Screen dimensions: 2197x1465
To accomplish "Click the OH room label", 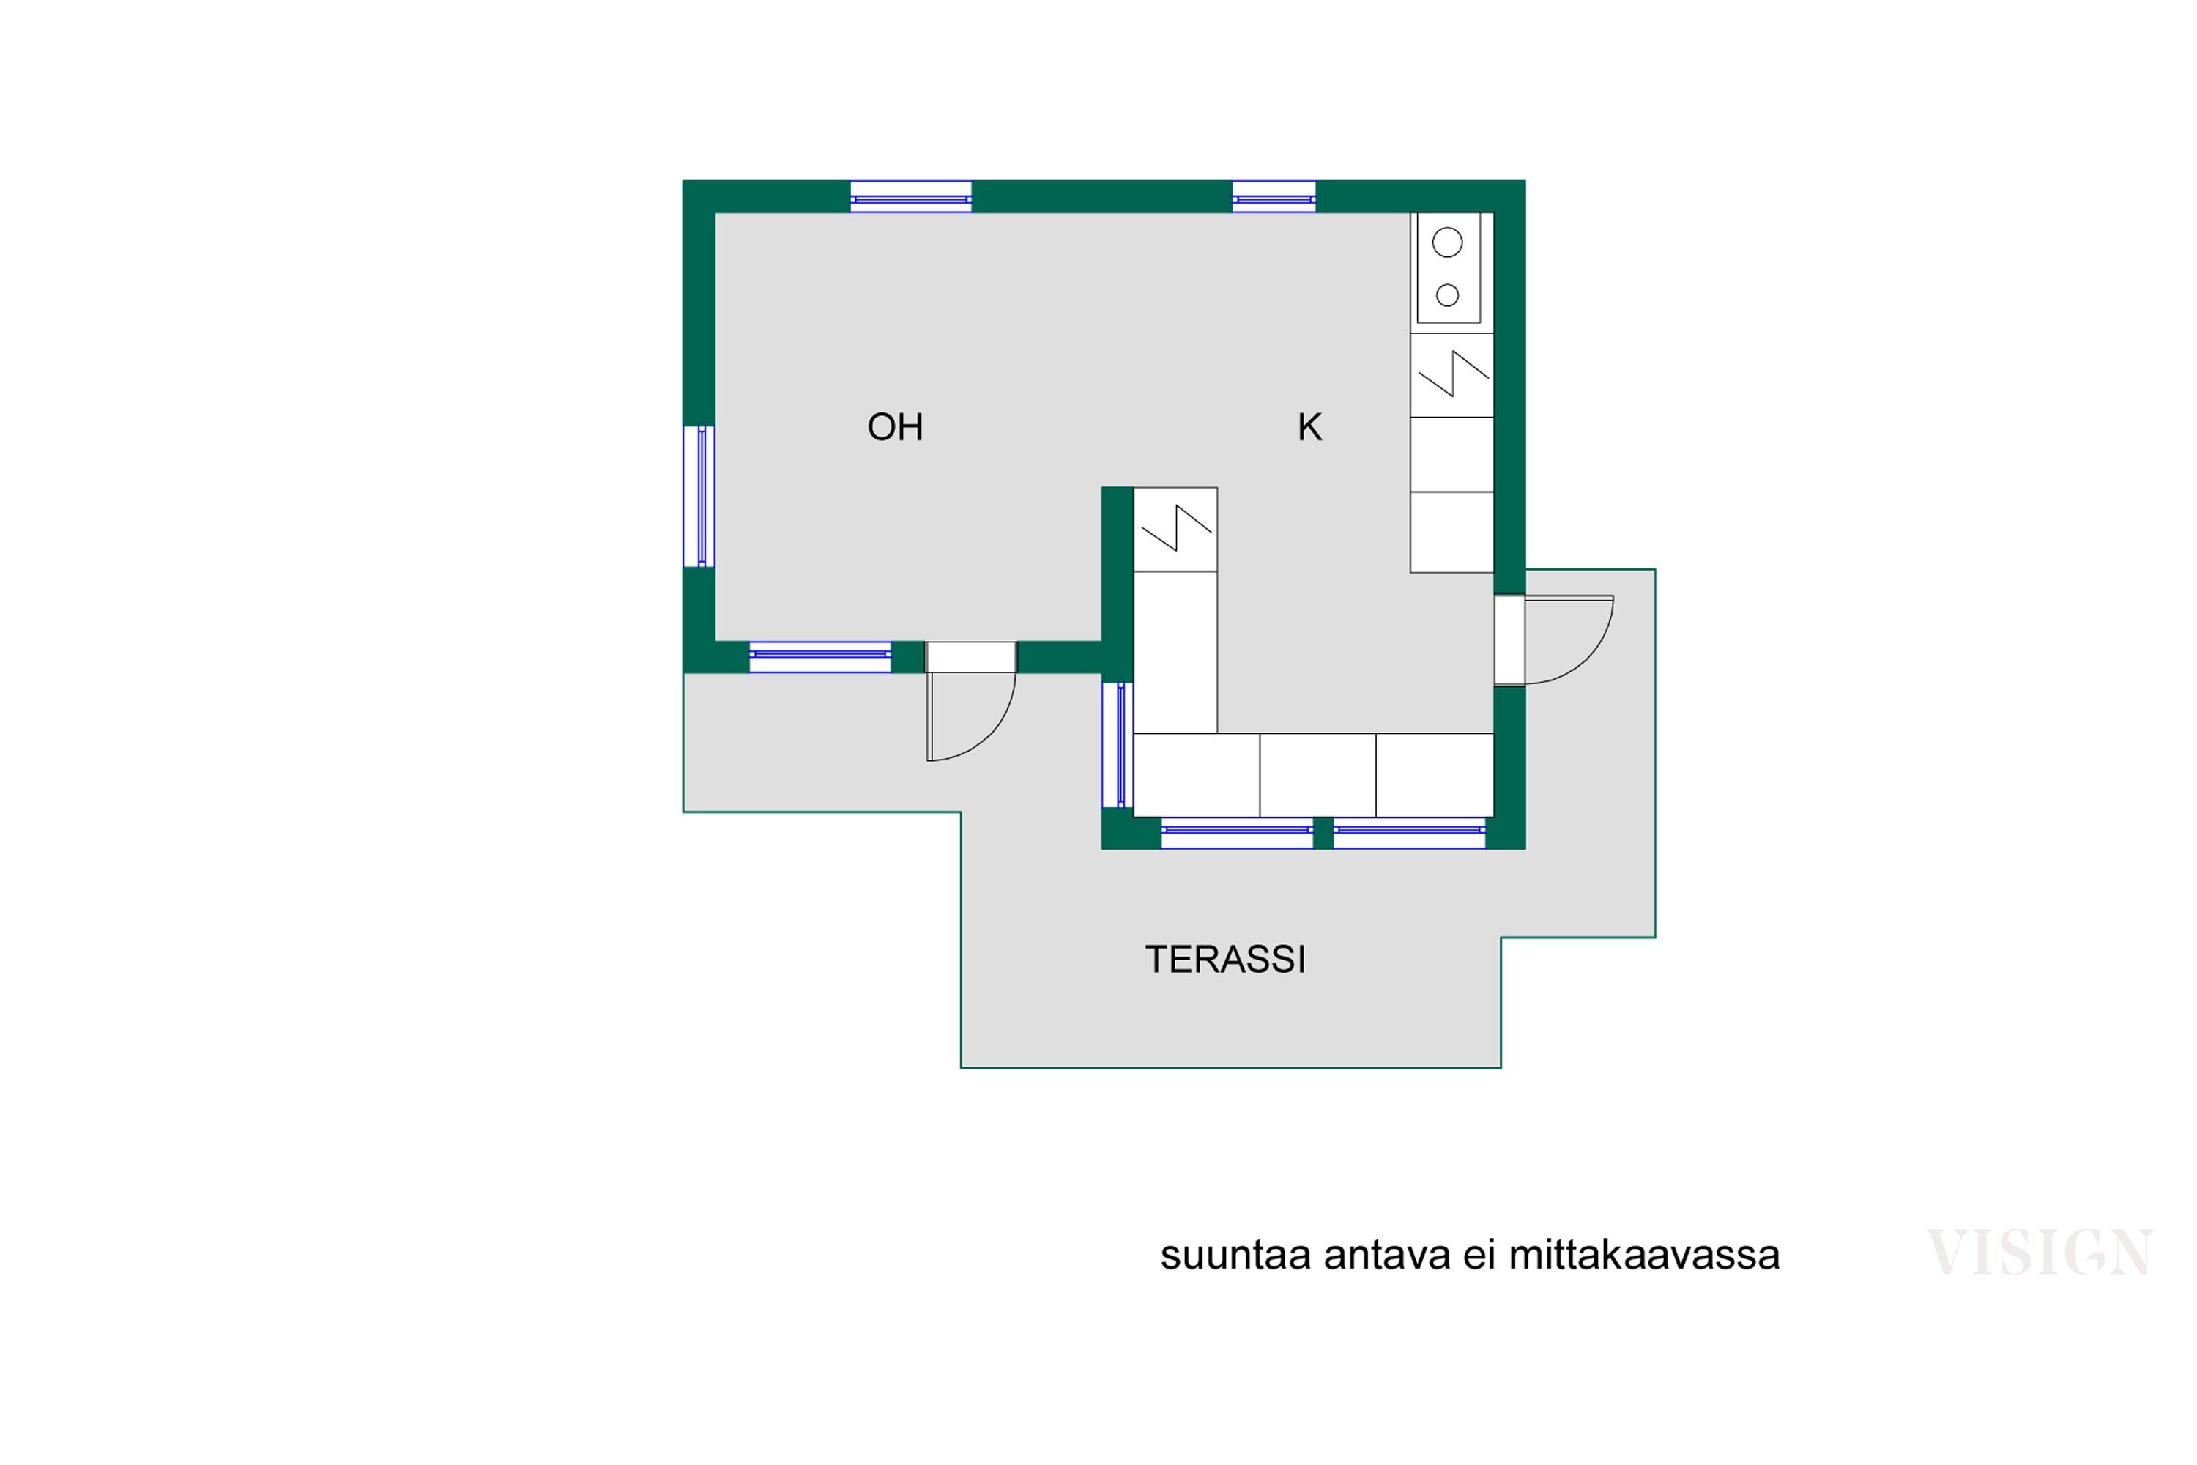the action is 895,427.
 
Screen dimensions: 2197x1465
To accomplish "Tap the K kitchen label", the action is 1309,427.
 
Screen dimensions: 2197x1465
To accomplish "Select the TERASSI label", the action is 1224,960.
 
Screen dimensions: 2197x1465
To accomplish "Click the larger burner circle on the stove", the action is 1447,243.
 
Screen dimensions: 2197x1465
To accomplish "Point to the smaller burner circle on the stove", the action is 1447,295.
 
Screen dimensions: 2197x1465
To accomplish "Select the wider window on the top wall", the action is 911,197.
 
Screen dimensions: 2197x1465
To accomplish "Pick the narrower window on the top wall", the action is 1274,197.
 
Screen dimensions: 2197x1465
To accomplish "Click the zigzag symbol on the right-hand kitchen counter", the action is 1454,374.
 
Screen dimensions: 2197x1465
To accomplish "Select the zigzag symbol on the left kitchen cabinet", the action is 1176,528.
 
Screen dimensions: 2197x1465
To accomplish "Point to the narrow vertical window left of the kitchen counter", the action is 1118,745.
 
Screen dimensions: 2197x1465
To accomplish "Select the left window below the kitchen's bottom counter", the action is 1237,832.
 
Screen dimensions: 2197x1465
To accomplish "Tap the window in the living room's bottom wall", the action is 820,657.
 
